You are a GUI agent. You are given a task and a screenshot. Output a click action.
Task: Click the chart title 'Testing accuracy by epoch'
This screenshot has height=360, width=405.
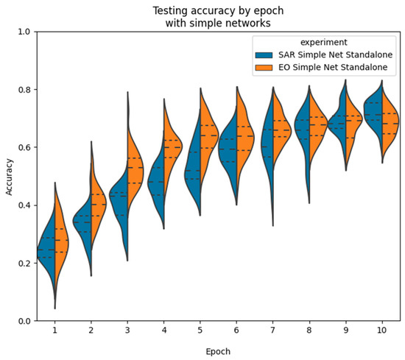tap(215, 10)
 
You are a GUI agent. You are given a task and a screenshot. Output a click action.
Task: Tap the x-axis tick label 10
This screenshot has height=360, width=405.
tap(381, 331)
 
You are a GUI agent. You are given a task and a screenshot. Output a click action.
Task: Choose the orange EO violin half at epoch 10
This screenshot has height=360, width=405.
tap(390, 121)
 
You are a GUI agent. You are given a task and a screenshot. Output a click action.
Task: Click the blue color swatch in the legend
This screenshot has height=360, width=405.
tap(262, 55)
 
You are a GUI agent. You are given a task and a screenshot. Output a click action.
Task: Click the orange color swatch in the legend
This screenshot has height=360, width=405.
tap(262, 67)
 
